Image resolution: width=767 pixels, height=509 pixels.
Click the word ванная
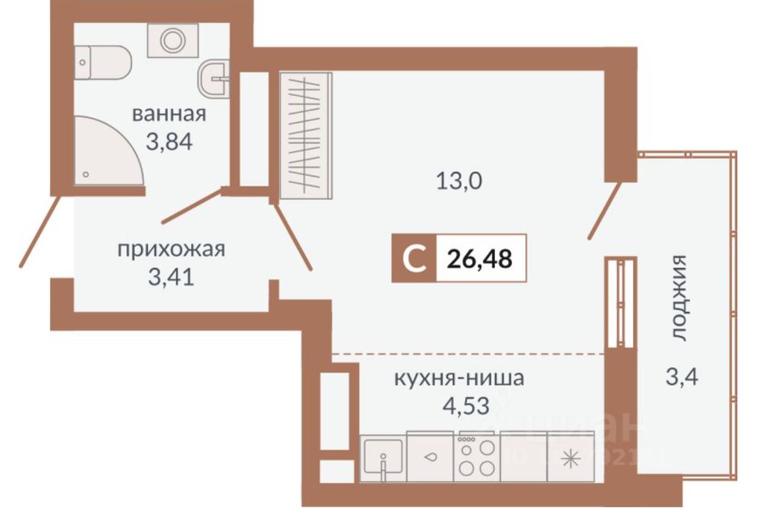pos(169,114)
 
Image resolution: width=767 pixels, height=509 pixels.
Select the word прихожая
pos(171,249)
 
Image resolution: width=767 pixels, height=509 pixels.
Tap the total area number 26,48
pos(480,259)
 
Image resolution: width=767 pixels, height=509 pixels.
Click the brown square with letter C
pos(413,259)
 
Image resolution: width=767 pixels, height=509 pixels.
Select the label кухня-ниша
pos(459,380)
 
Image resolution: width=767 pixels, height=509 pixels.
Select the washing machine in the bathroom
pos(171,41)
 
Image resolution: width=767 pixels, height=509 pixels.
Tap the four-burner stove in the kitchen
pos(477,457)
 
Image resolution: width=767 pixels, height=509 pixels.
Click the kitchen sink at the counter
pos(383,457)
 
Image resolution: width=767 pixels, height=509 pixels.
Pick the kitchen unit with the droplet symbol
pos(430,457)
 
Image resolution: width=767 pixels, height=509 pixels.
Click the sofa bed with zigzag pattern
pos(306,135)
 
